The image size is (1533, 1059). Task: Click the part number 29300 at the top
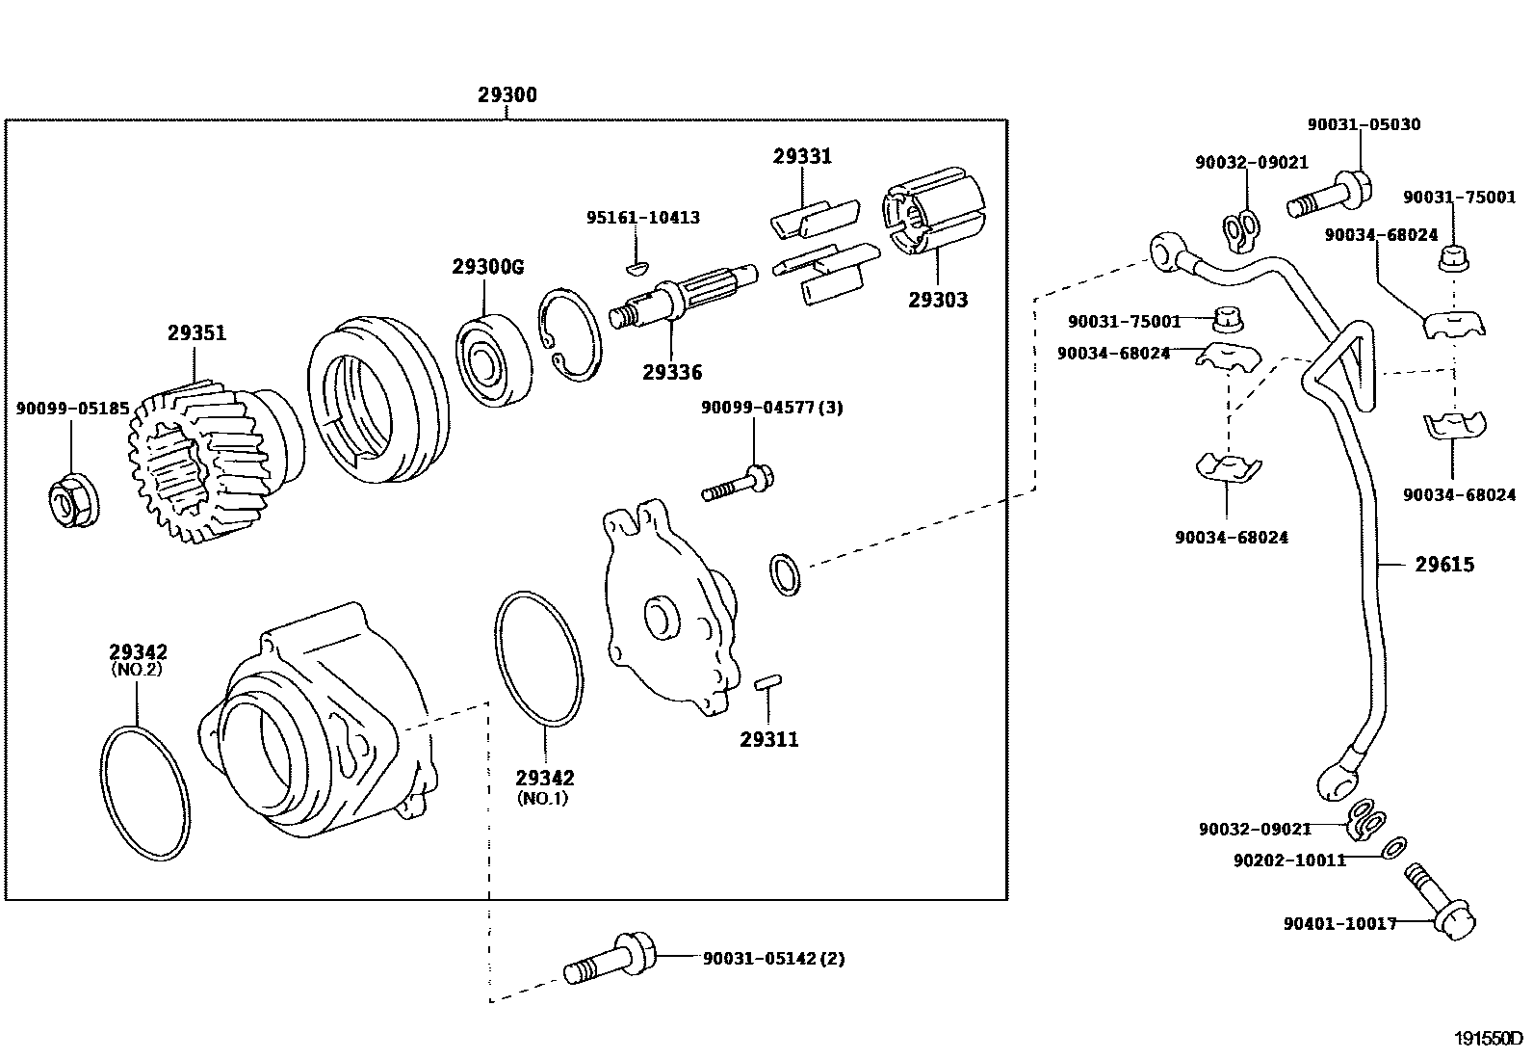[x=507, y=95]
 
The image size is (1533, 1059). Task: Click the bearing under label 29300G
[x=495, y=357]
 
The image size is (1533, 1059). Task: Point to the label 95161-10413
[x=643, y=218]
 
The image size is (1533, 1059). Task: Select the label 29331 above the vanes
[x=802, y=156]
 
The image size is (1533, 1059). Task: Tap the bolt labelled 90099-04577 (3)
[x=740, y=484]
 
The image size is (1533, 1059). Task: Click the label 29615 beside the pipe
[x=1444, y=565]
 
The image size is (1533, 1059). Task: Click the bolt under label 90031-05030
[x=1329, y=197]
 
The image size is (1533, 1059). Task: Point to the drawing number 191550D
[x=1489, y=1040]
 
